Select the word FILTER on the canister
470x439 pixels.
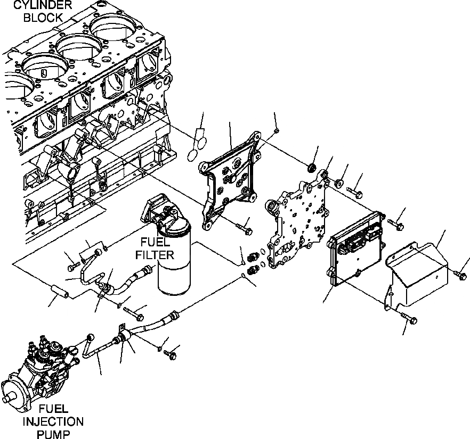tap(155, 254)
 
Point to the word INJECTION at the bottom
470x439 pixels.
tap(53, 422)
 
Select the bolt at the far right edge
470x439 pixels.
tap(461, 274)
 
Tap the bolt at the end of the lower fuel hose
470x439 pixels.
tap(171, 352)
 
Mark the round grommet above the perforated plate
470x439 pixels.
tap(312, 170)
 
